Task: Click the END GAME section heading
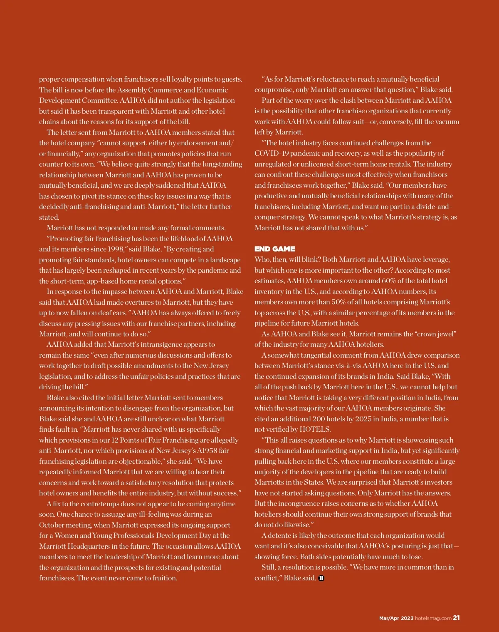(274, 249)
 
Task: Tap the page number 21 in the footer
(456, 618)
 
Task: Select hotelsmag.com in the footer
(433, 618)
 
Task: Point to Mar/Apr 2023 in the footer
(396, 618)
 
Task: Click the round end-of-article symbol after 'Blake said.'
(321, 578)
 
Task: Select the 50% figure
(342, 302)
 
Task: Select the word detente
(282, 535)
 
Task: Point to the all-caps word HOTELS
(315, 429)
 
